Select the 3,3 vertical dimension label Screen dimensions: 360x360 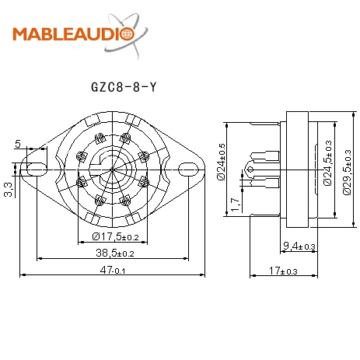(7, 189)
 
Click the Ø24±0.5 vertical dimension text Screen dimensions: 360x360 (222, 162)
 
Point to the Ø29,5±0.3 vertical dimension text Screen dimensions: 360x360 (346, 166)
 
